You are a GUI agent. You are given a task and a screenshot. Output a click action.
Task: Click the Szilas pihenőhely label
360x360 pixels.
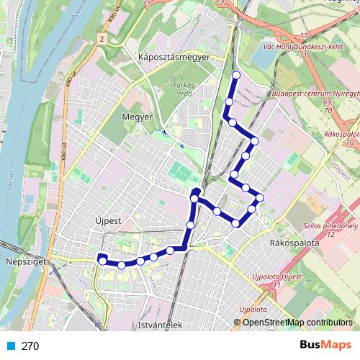click(333, 229)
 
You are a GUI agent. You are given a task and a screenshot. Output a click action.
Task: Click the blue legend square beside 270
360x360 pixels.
click(9, 346)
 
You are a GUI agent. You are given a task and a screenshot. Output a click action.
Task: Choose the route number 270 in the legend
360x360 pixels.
click(30, 346)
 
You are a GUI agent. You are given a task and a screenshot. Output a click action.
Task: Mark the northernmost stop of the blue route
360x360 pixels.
click(237, 74)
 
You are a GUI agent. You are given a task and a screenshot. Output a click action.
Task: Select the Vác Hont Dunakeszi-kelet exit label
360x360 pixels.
click(307, 49)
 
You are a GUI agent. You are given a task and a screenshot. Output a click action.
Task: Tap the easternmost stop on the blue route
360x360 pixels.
click(260, 197)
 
